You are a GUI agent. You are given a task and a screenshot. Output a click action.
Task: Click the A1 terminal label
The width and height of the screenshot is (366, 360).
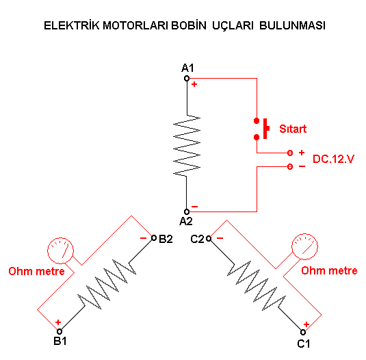(x=187, y=68)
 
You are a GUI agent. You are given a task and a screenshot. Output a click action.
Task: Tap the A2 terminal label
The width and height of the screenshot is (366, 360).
(x=186, y=221)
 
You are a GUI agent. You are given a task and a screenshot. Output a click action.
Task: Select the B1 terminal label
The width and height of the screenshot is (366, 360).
(x=60, y=341)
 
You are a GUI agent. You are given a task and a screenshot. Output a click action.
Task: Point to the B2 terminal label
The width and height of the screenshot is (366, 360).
(x=166, y=239)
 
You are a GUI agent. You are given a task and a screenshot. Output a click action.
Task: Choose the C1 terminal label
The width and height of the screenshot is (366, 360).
(x=304, y=344)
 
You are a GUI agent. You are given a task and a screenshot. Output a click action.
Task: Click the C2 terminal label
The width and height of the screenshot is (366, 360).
(x=197, y=239)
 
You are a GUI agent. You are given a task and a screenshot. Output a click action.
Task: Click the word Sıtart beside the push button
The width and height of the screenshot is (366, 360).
(x=293, y=129)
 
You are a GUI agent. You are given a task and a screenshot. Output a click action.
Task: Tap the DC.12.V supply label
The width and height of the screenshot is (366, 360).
(x=333, y=159)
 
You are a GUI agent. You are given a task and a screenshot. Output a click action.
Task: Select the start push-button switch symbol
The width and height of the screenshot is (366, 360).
(x=261, y=129)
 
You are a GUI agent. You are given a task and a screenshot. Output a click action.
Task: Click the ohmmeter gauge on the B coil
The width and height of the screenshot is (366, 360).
(x=60, y=250)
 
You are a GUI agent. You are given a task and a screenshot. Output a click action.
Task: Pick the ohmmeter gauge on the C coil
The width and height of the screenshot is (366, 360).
(x=304, y=246)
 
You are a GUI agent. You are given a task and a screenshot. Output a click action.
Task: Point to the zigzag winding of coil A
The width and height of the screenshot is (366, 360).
(x=187, y=146)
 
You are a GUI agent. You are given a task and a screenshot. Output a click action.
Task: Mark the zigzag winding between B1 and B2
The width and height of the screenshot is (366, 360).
(x=107, y=284)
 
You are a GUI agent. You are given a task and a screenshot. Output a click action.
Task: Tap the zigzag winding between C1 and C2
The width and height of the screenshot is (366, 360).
(x=257, y=285)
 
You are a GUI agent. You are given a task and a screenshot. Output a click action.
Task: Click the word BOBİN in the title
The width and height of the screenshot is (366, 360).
(x=189, y=25)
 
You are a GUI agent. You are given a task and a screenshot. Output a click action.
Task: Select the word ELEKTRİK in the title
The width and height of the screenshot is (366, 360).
(x=72, y=25)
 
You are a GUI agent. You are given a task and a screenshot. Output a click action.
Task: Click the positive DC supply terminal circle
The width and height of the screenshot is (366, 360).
(x=290, y=153)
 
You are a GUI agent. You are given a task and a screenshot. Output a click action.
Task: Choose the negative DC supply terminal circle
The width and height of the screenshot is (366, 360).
(x=290, y=166)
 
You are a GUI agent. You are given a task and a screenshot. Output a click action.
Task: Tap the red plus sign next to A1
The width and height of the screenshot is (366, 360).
(x=194, y=84)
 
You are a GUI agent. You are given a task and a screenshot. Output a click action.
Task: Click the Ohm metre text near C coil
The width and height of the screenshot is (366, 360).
(x=329, y=270)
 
